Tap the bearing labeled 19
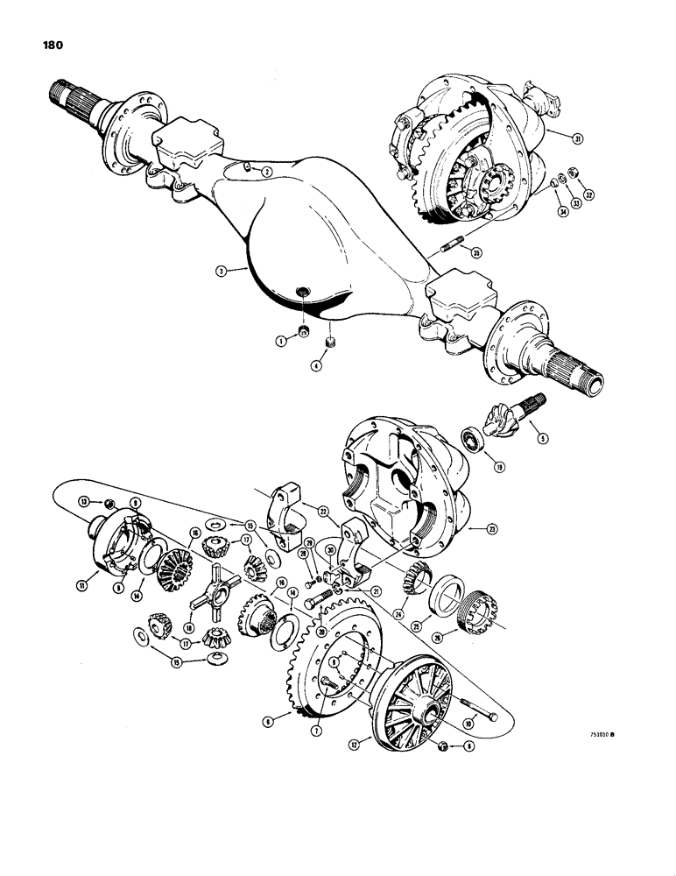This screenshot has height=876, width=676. pos(473,436)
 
